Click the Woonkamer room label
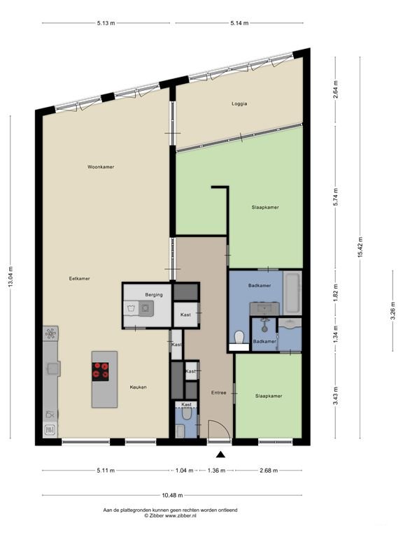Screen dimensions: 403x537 pyautogui.click(x=101, y=167)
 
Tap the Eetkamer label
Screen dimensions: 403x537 pyautogui.click(x=79, y=279)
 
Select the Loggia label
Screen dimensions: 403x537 pyautogui.click(x=239, y=103)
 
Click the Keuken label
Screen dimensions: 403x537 pyautogui.click(x=138, y=387)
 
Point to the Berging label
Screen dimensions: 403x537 pyautogui.click(x=154, y=295)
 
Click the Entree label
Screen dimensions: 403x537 pyautogui.click(x=218, y=393)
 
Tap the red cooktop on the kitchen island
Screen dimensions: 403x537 pyautogui.click(x=101, y=371)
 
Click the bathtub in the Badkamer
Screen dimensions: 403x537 pyautogui.click(x=292, y=293)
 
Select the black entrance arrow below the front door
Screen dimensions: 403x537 pyautogui.click(x=220, y=454)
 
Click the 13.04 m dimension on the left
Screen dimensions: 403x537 pyautogui.click(x=10, y=277)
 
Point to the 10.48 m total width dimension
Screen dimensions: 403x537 pyautogui.click(x=172, y=495)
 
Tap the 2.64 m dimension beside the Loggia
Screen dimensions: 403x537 pyautogui.click(x=336, y=89)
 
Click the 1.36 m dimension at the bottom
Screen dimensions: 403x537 pyautogui.click(x=217, y=471)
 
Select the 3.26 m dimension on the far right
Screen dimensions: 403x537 pyautogui.click(x=393, y=310)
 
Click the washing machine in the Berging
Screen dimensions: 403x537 pyautogui.click(x=146, y=308)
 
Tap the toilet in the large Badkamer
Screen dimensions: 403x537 pyautogui.click(x=239, y=337)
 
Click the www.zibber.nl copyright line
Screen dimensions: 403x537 pyautogui.click(x=170, y=515)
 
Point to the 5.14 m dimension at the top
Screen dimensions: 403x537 pyautogui.click(x=239, y=23)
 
